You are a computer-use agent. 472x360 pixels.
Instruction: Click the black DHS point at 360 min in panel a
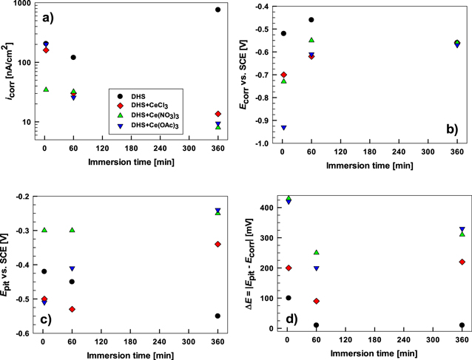(218, 10)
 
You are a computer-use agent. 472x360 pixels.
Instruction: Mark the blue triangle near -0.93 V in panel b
(283, 128)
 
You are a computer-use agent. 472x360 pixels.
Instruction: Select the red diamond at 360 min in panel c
(218, 244)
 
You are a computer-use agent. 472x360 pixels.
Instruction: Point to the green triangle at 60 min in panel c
(73, 230)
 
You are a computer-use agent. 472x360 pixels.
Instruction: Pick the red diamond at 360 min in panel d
(462, 262)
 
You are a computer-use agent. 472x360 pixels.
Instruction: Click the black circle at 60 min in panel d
(317, 325)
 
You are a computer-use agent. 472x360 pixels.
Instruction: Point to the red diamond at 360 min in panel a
(218, 114)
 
